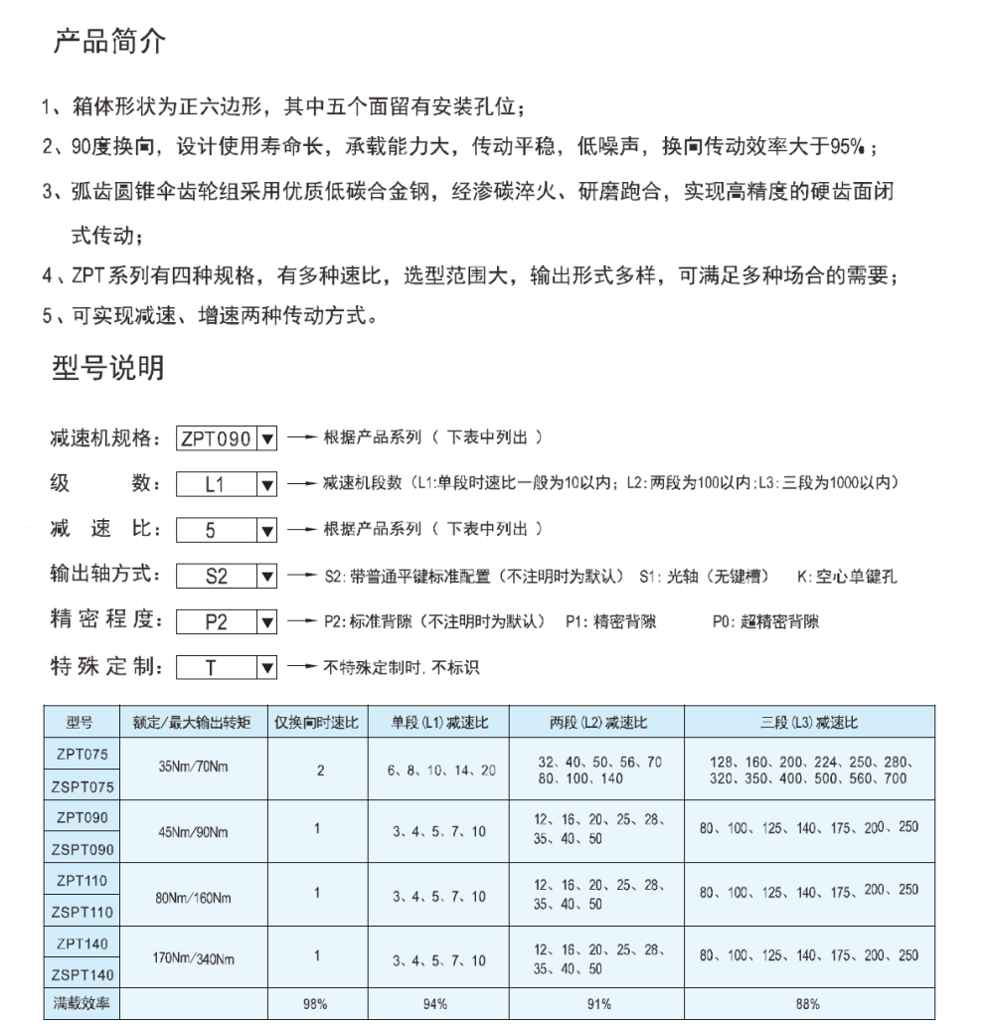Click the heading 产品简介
pyautogui.click(x=109, y=43)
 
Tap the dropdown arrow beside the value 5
pyautogui.click(x=266, y=530)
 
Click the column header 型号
pyautogui.click(x=81, y=722)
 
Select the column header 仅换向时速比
pyautogui.click(x=315, y=722)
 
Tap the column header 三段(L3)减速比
pyautogui.click(x=809, y=722)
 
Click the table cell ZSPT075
pyautogui.click(x=82, y=786)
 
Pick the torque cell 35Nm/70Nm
pyautogui.click(x=191, y=770)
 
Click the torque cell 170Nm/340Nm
pyautogui.click(x=191, y=960)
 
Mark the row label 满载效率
pyautogui.click(x=81, y=1004)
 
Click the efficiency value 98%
pyautogui.click(x=315, y=1004)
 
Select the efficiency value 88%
pyautogui.click(x=809, y=1004)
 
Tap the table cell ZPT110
pyautogui.click(x=82, y=881)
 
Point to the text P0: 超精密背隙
pyautogui.click(x=765, y=622)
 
